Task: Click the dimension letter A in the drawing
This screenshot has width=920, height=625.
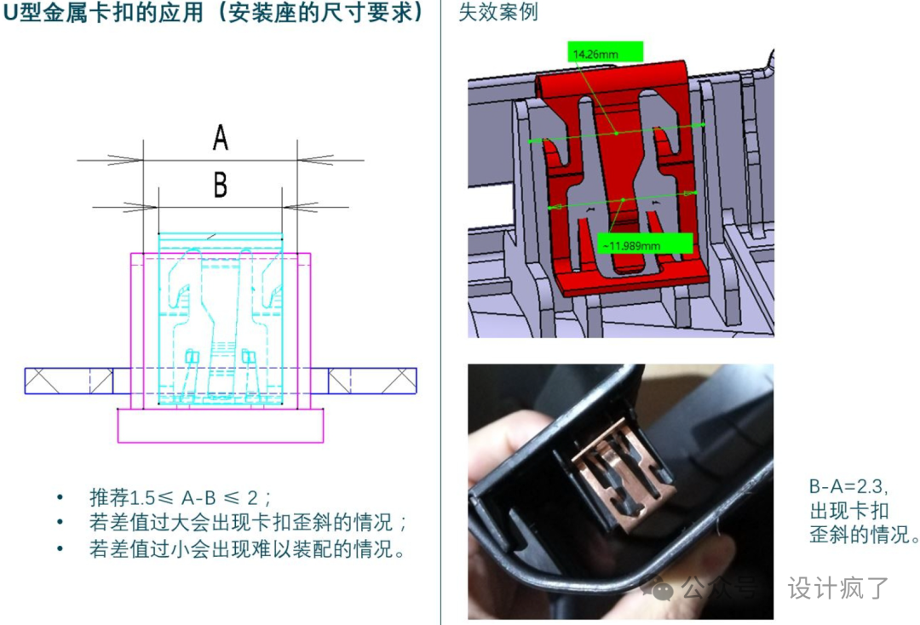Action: coord(220,137)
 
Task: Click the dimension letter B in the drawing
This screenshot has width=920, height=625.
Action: coord(220,185)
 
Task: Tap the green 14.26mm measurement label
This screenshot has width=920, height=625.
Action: coord(605,52)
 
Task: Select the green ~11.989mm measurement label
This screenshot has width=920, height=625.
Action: coord(644,244)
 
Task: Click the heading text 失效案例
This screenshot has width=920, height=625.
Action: coord(497,12)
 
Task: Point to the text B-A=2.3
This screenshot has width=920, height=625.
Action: coord(848,486)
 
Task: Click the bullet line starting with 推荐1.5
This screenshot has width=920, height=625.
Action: coord(181,498)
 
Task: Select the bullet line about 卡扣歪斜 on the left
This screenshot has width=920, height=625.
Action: coord(248,522)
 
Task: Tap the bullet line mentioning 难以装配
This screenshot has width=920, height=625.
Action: coord(247,548)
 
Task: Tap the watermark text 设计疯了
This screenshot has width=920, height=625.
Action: coord(838,588)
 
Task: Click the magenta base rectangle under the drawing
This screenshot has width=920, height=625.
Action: coord(220,425)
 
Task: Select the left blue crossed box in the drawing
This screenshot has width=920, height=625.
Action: coord(69,381)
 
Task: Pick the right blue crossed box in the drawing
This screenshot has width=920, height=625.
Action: coord(372,381)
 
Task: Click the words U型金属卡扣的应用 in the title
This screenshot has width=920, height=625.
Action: coord(103,13)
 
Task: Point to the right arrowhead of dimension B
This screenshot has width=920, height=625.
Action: coord(300,207)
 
